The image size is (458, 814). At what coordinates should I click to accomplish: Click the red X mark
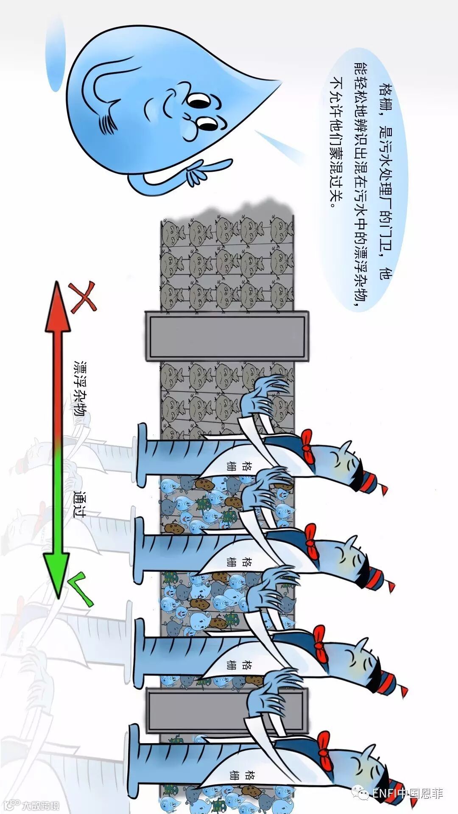tap(83, 297)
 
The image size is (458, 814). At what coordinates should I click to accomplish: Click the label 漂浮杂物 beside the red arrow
tap(80, 388)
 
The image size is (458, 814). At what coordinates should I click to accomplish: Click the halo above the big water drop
tap(55, 51)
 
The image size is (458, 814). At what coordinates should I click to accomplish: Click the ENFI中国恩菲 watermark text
tap(407, 793)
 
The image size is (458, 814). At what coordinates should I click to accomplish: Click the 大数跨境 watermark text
tap(40, 805)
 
